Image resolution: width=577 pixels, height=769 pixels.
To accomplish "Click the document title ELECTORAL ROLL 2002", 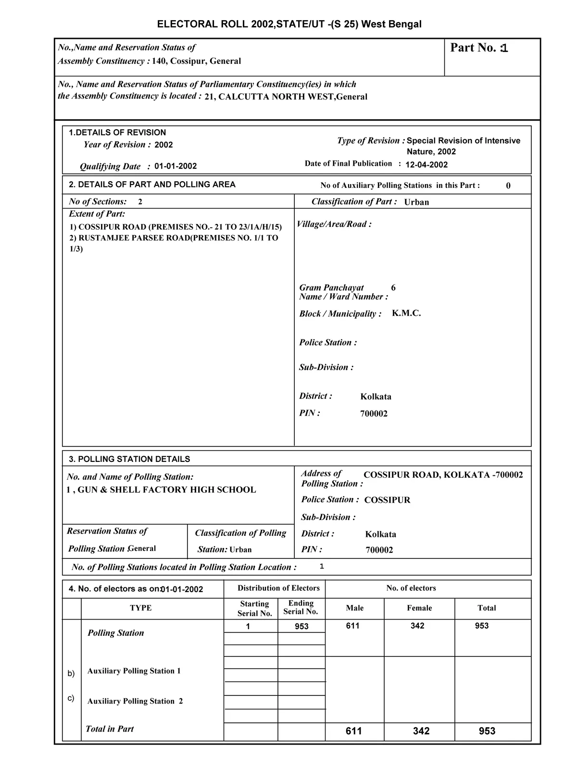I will point(289,24).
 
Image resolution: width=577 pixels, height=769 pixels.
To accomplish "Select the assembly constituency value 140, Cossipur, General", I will point(197,61).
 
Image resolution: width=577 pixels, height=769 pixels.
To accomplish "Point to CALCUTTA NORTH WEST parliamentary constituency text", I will point(286,97).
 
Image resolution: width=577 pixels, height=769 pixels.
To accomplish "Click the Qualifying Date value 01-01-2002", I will point(176,166).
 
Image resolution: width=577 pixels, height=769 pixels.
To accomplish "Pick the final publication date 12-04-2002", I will point(426,165).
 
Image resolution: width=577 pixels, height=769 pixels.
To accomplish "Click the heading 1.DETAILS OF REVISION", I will point(117,133).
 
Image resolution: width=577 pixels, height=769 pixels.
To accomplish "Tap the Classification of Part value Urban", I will point(416,202).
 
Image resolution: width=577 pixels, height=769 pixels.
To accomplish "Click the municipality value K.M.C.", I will point(406,313).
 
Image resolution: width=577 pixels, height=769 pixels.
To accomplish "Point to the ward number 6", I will point(393,288).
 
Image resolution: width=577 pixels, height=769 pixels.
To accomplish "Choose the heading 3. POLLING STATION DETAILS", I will point(129,459).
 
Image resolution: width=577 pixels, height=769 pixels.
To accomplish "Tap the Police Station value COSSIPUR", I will point(387,500).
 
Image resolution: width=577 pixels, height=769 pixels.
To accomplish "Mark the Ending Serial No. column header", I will point(301,608).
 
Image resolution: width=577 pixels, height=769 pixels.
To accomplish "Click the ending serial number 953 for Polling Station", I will point(301,626).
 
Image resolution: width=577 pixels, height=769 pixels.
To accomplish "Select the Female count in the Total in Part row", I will point(421,731).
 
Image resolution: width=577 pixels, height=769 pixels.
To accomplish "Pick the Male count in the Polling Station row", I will point(352,626).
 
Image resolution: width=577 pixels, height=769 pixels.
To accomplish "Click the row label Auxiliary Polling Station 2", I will point(135,701).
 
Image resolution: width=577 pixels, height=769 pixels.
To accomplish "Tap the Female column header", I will point(419,608).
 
